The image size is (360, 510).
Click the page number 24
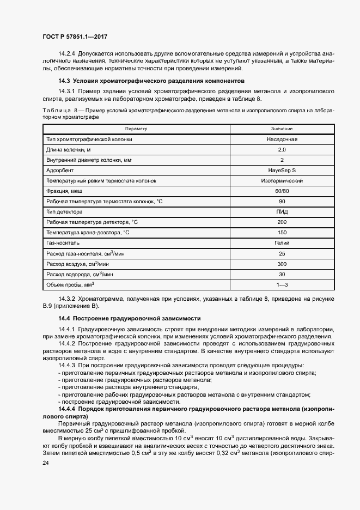pos(45,463)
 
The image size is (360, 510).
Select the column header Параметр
pos(136,129)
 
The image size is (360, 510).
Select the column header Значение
pos(282,129)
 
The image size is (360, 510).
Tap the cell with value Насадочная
pos(282,139)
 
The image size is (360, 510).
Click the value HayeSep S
pos(282,170)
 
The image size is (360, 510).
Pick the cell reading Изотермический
pos(282,180)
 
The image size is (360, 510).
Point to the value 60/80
pos(282,191)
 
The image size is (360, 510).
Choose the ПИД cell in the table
pos(282,211)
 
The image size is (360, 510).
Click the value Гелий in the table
pos(282,242)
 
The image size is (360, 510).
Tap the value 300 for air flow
pos(282,263)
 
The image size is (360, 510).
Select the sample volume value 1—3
pos(282,284)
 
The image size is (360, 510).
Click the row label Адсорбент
pos(60,170)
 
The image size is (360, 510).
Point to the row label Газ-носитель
pos(64,242)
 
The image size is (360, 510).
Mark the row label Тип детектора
pos(65,211)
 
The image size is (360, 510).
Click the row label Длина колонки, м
pos(69,149)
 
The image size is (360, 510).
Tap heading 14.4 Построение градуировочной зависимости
pos(130,318)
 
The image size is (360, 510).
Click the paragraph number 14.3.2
pos(67,299)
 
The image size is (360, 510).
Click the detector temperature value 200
pos(282,222)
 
